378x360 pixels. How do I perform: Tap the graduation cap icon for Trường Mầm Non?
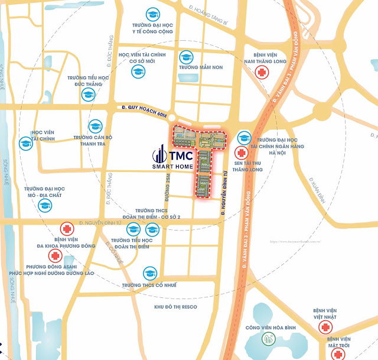[187, 57]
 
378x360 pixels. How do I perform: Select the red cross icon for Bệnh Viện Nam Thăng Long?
[259, 72]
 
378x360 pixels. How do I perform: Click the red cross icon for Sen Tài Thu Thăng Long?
[241, 152]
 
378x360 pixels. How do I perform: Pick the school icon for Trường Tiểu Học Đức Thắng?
[89, 95]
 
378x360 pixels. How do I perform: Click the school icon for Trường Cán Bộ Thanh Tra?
[94, 125]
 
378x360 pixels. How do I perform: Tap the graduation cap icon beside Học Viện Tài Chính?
[26, 143]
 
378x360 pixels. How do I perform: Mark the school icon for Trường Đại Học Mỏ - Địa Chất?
[44, 205]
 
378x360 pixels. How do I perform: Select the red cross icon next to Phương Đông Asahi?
[56, 256]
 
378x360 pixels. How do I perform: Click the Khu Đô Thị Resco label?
[175, 307]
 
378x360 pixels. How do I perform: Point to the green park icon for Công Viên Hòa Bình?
[268, 339]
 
